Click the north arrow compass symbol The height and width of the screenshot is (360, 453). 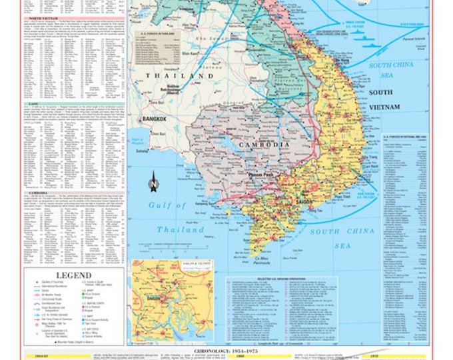(153, 179)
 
